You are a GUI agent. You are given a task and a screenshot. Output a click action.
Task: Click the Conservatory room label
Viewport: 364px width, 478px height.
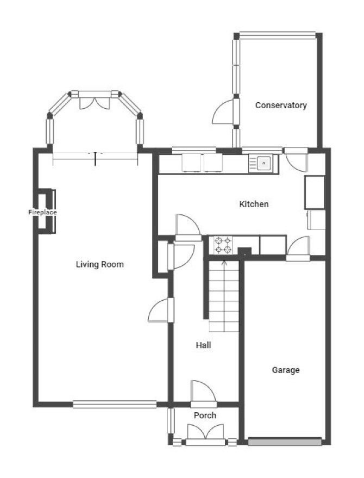[281, 105]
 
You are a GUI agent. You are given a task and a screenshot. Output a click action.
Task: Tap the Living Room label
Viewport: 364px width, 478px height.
[100, 264]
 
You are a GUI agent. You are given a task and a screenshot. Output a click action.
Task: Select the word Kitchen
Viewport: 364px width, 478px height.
[254, 204]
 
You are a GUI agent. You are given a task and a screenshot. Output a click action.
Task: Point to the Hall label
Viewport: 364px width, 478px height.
[204, 345]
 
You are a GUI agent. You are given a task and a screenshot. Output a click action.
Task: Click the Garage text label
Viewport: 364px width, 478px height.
[286, 370]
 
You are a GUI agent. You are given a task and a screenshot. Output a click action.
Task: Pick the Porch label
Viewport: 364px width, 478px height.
[205, 415]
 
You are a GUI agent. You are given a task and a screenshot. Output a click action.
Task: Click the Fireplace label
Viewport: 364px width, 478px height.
[42, 212]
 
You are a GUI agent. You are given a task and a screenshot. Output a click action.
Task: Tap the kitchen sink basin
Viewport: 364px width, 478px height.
[264, 163]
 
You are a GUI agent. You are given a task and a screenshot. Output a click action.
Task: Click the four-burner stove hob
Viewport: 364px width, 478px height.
[223, 245]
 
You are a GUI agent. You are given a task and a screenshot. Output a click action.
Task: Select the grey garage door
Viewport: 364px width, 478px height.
[285, 442]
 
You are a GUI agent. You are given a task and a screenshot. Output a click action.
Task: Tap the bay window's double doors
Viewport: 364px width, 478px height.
[95, 103]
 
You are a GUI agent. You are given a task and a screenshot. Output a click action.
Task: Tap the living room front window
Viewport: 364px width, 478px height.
[115, 404]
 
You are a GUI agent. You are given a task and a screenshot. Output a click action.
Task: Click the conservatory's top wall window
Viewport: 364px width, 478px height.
[277, 35]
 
